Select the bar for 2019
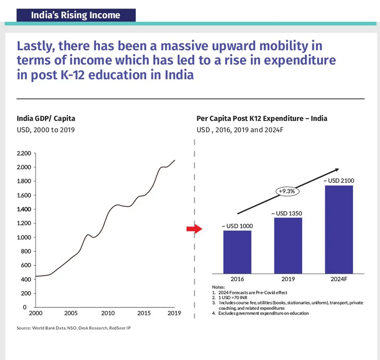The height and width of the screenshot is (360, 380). coord(288,246)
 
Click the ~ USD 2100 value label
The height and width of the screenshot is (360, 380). coord(339,180)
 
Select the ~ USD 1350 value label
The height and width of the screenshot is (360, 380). coord(288,213)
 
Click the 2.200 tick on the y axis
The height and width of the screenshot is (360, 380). coord(23,153)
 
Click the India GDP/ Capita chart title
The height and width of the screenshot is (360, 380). coord(46,118)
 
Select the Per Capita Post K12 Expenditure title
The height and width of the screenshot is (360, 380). coord(262,118)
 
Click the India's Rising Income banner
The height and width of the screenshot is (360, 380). coord(75,15)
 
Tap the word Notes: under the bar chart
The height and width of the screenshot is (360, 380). coord(218,287)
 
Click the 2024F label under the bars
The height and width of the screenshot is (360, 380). coord(339,279)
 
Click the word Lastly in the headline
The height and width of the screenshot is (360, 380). coord(34,46)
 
